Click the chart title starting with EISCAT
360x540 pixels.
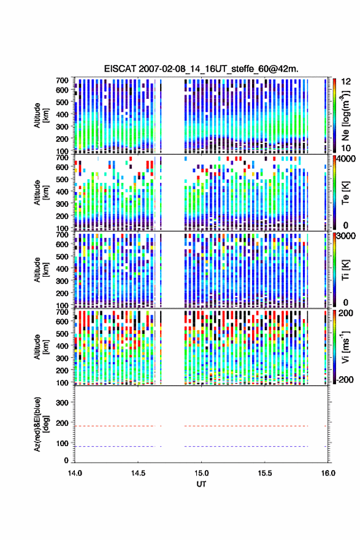[x=201, y=69]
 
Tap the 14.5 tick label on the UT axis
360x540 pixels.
[x=138, y=473]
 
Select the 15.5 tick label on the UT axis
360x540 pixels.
[x=265, y=473]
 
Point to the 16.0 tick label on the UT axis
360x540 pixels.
[x=328, y=473]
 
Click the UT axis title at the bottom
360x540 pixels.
[x=201, y=484]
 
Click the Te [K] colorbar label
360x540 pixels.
[x=345, y=193]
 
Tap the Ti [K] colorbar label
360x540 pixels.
[x=345, y=271]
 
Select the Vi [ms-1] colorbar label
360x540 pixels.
[x=345, y=347]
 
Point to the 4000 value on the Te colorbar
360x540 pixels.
[x=346, y=160]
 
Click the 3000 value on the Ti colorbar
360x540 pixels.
[x=346, y=236]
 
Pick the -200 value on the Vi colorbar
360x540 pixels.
[x=345, y=379]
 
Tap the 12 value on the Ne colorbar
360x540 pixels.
[x=347, y=82]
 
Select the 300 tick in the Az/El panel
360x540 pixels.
[x=62, y=403]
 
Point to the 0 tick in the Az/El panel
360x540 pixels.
[x=66, y=460]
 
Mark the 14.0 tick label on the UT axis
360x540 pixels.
[x=75, y=473]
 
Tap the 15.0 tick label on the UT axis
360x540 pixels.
[x=201, y=473]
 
